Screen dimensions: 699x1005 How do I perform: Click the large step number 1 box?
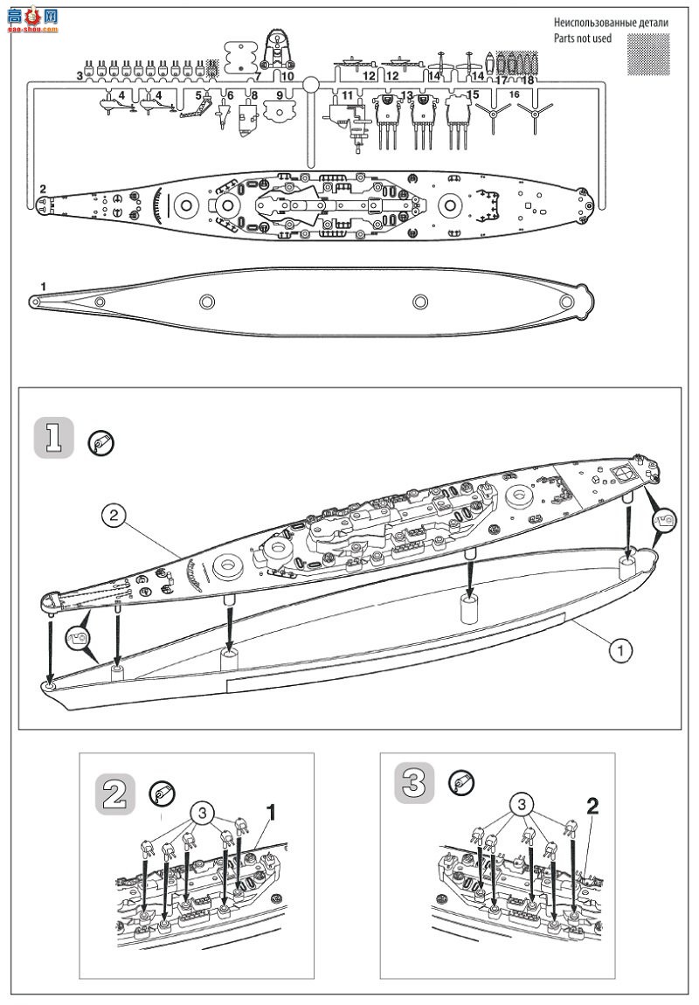tap(52, 439)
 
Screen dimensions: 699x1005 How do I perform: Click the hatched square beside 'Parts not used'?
tap(648, 54)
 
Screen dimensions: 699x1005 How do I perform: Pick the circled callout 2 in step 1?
tap(114, 516)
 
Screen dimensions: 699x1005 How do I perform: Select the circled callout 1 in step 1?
tap(619, 649)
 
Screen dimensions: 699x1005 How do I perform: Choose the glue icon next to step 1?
tap(100, 443)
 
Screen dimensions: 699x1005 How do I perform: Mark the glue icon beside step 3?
tap(460, 782)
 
